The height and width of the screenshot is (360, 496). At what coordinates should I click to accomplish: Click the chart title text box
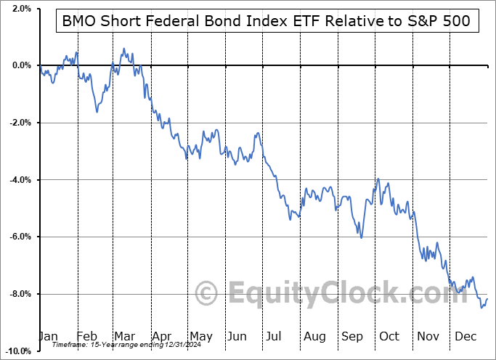(267, 22)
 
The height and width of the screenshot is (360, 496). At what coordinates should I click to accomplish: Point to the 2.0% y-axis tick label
(20, 9)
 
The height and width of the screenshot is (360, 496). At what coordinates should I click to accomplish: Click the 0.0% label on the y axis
(20, 65)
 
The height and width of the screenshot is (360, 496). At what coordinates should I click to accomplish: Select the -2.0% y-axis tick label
(19, 123)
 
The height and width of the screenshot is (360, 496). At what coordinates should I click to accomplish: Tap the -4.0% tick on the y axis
(19, 179)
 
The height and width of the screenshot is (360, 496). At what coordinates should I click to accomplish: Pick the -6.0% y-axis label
(19, 237)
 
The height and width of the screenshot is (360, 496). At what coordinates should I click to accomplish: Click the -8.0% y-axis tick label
(19, 294)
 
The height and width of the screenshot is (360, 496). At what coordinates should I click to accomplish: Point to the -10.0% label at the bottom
(17, 351)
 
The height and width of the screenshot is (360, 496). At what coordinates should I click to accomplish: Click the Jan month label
(48, 336)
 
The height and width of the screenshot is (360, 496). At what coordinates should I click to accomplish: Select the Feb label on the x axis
(87, 336)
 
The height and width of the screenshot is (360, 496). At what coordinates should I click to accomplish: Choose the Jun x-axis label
(237, 336)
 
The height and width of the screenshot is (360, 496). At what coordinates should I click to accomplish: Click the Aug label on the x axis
(314, 336)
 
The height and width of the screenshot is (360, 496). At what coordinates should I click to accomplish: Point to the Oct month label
(389, 336)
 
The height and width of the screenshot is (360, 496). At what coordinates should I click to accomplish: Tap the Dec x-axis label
(465, 336)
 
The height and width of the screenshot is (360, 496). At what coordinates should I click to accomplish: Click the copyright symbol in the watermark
(207, 295)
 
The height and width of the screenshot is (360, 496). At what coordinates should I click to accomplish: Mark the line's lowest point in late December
(481, 308)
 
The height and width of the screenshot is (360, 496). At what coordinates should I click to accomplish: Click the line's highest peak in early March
(124, 49)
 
